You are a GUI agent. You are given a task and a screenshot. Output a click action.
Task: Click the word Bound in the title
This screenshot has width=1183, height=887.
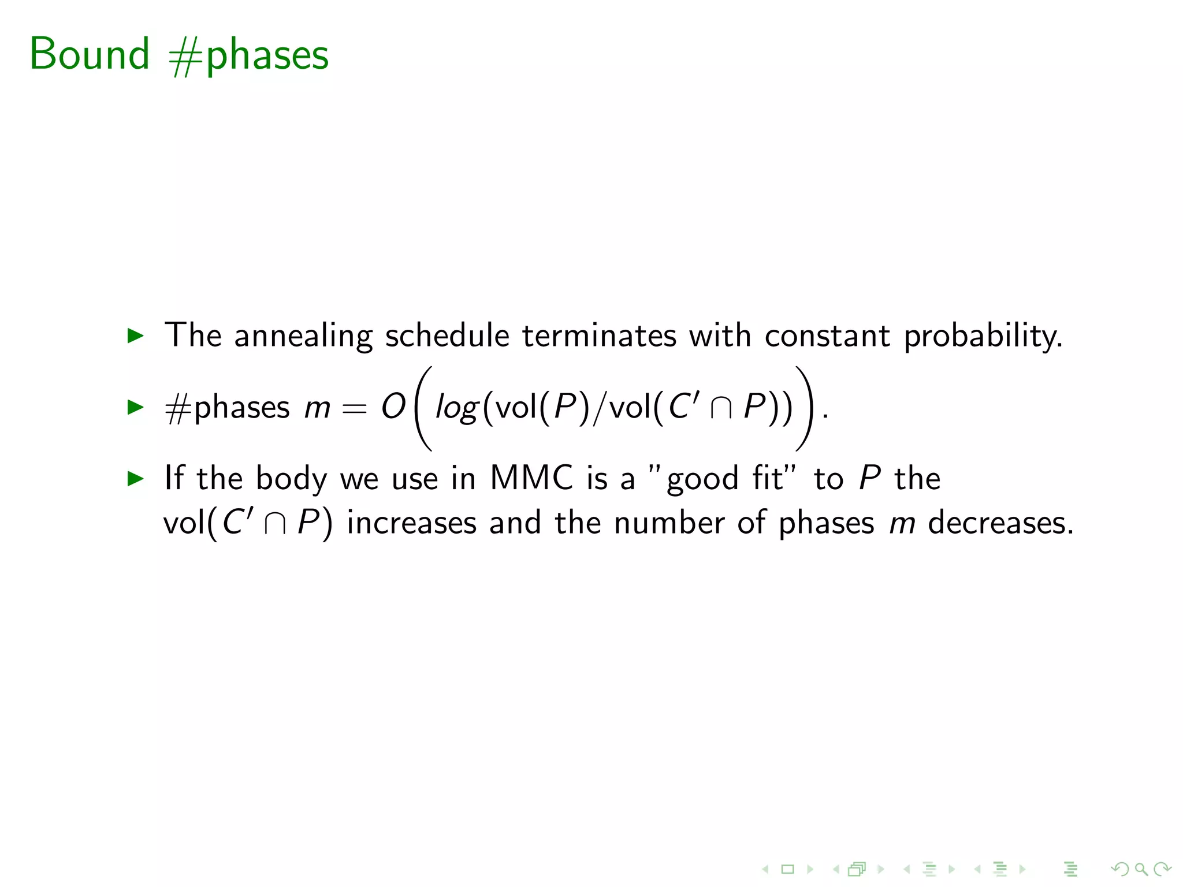(90, 54)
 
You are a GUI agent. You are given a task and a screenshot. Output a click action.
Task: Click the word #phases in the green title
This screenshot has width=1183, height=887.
(249, 56)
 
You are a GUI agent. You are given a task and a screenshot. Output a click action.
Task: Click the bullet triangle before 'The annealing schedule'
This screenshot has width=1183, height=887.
(135, 335)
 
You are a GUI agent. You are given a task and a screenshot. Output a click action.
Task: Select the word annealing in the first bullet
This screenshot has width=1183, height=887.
(303, 336)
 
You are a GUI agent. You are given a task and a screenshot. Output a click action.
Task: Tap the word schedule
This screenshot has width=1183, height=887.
(447, 336)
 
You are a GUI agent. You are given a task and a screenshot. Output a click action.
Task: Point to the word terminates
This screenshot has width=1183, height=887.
(599, 336)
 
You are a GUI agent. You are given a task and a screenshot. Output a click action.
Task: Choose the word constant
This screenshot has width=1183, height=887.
(827, 336)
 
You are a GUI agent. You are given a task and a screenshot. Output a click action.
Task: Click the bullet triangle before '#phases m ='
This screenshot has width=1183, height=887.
(135, 407)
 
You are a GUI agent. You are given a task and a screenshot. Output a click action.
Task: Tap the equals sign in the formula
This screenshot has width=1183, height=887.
(354, 408)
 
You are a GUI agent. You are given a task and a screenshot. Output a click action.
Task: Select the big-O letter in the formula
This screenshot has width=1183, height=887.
(393, 407)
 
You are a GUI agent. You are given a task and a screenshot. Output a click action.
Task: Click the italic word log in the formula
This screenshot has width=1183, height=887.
(456, 408)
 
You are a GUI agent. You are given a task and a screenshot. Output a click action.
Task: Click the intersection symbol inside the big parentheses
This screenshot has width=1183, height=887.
(721, 408)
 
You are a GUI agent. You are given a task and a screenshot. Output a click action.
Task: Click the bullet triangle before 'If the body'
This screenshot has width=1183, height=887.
(135, 478)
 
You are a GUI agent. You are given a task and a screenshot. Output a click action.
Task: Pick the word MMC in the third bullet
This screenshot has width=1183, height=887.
(531, 478)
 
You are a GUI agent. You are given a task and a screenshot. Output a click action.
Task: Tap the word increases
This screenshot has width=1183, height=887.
(412, 523)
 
